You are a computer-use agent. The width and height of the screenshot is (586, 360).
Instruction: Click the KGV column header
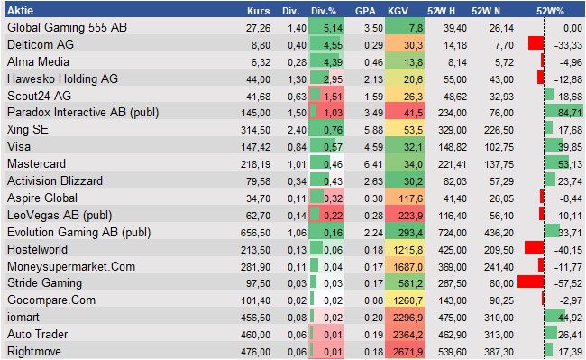(398, 11)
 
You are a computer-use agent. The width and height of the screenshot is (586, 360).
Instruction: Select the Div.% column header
(324, 11)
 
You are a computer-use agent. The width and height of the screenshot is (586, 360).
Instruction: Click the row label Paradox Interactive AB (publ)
(80, 113)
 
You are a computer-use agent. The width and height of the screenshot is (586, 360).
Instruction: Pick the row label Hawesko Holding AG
(62, 78)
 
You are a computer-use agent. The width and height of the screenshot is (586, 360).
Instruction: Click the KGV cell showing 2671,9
(407, 352)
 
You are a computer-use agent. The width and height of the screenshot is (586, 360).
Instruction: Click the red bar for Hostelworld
(534, 249)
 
